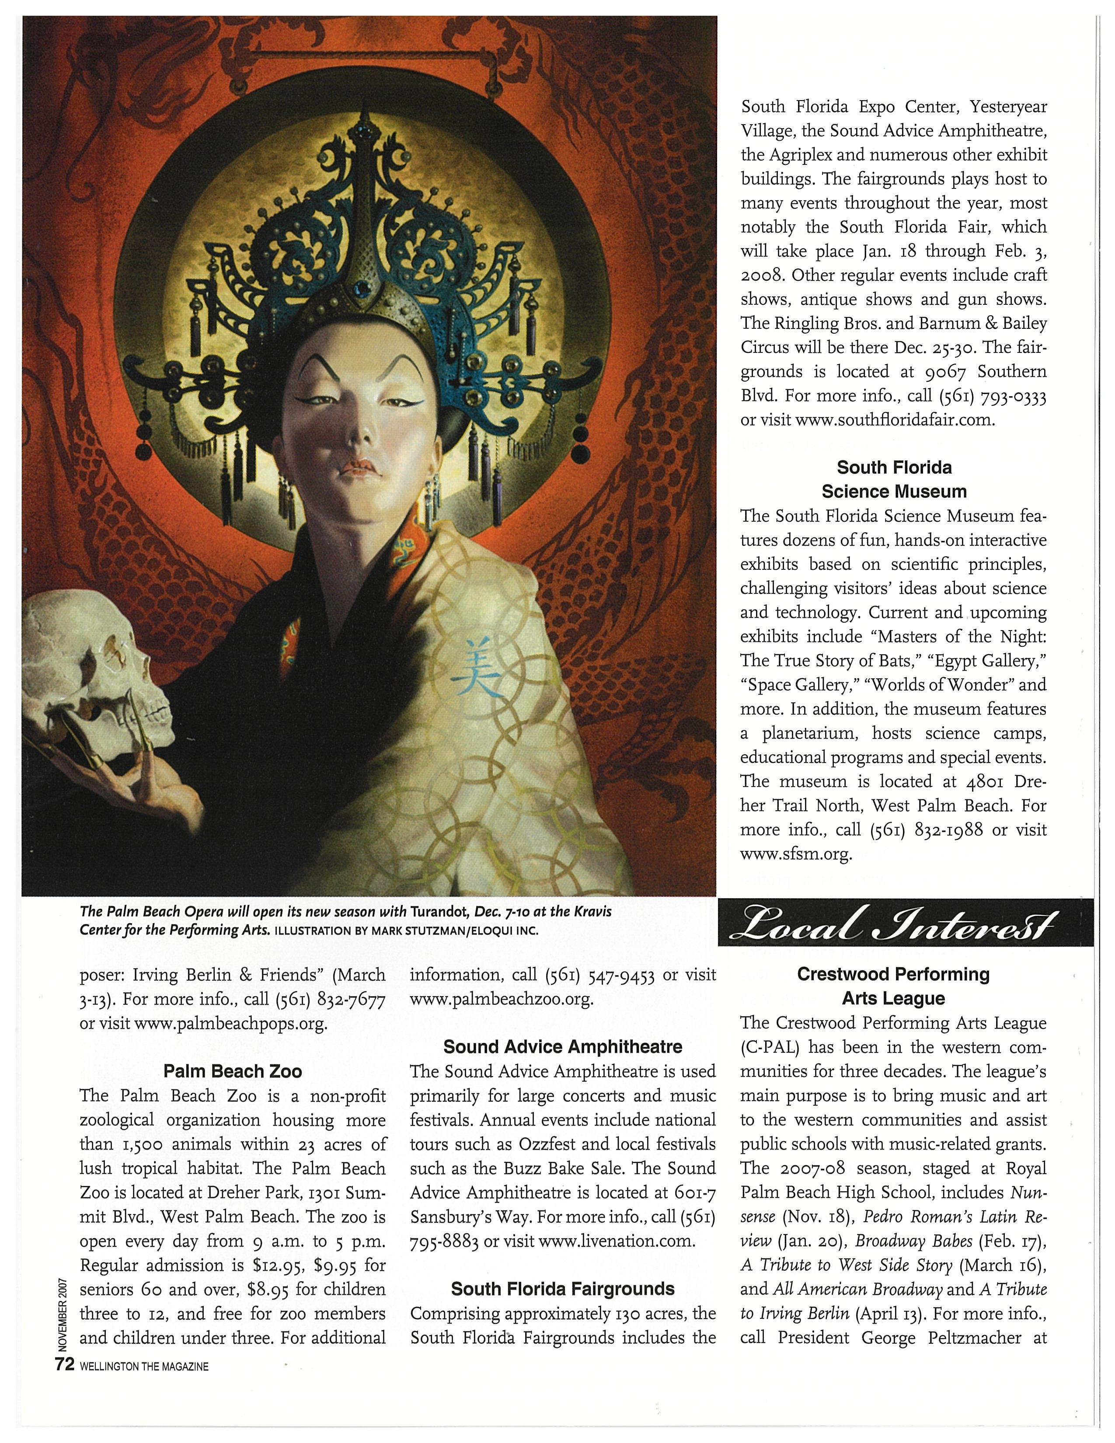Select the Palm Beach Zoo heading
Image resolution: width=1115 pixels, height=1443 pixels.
point(233,1070)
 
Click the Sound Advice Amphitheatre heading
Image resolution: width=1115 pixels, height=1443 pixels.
point(563,1046)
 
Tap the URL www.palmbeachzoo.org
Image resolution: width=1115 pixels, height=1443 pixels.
point(502,999)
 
